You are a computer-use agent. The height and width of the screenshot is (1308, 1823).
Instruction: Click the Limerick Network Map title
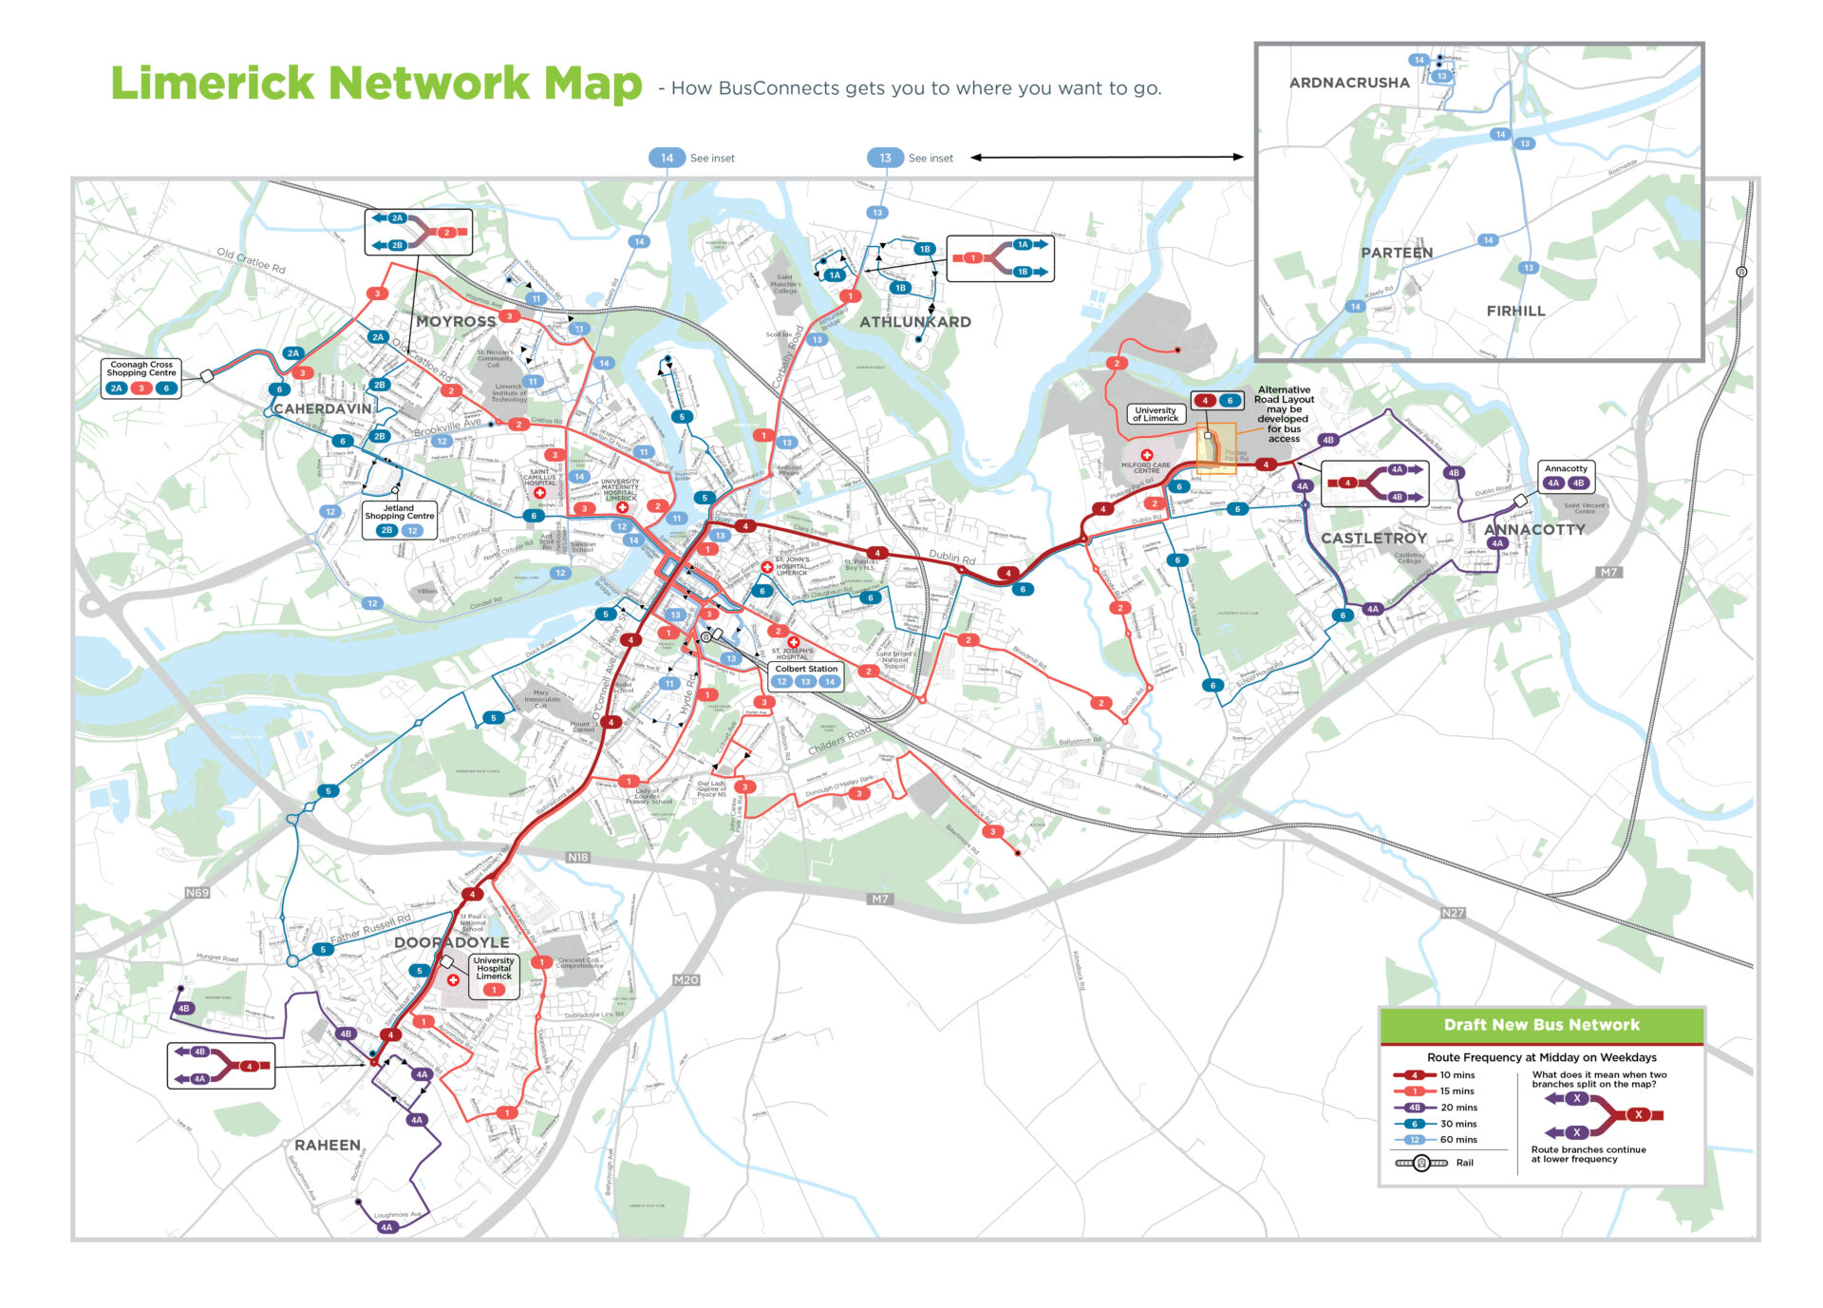[376, 84]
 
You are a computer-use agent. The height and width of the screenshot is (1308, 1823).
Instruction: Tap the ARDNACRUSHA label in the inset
[1349, 83]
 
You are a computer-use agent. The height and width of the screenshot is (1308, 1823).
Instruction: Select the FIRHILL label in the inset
[1515, 311]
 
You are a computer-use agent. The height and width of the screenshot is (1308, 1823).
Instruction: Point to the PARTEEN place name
[1397, 253]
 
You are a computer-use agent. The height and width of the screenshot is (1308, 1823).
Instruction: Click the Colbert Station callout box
[806, 674]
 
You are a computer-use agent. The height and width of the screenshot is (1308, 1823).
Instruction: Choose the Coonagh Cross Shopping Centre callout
[141, 377]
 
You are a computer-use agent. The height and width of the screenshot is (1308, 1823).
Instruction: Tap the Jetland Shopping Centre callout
[399, 520]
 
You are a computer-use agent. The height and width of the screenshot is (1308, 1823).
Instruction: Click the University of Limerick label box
[1155, 414]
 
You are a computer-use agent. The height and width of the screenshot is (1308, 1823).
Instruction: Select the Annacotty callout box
[1566, 476]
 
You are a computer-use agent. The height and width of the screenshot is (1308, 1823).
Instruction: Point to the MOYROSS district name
[456, 322]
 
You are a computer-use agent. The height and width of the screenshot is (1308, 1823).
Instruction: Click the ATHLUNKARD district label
[915, 322]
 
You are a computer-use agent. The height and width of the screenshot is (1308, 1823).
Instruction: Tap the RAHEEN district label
[328, 1146]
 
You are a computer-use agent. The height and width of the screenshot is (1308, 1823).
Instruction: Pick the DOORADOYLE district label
[452, 942]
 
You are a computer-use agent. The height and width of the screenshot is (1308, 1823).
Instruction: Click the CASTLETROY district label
[1374, 539]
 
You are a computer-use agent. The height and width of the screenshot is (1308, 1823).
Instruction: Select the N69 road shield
[197, 893]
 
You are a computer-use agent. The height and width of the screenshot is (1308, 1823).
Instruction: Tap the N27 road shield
[1453, 913]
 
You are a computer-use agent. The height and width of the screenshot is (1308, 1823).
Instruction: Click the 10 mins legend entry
[1434, 1075]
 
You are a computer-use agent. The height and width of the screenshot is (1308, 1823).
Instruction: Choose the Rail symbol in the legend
[1421, 1163]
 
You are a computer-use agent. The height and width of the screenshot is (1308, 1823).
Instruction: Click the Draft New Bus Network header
[1541, 1025]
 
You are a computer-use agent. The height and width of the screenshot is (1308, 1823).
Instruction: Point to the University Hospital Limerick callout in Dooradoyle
[494, 976]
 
